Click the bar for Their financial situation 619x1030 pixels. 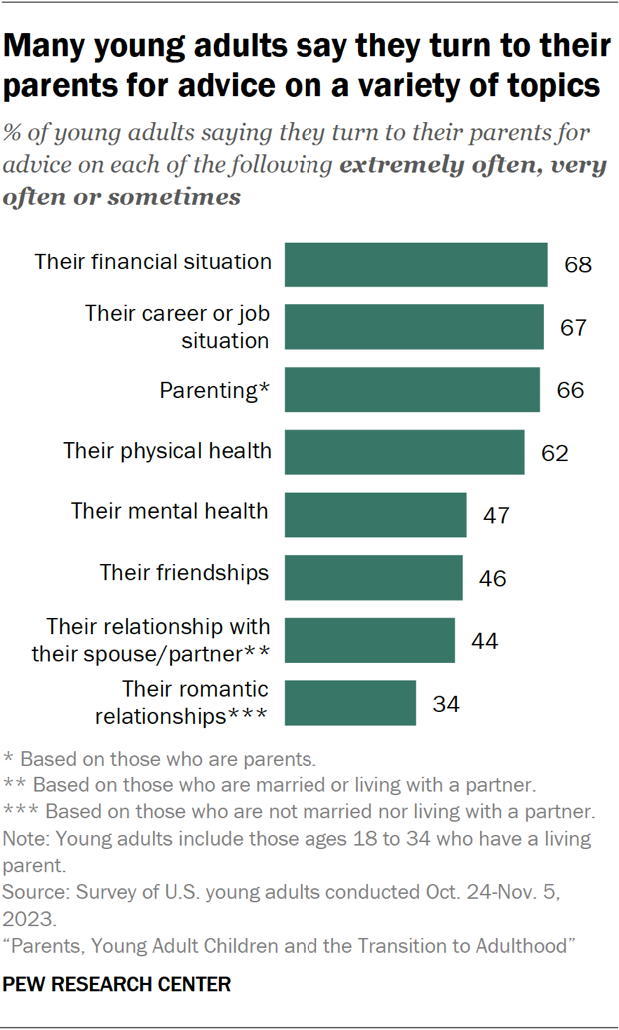pos(415,264)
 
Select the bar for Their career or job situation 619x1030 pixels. pos(413,327)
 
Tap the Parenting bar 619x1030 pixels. pos(411,389)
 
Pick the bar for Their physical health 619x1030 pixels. pos(404,452)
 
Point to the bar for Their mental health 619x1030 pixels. pos(375,514)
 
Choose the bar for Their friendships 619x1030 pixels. pos(373,577)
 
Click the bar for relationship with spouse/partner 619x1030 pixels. pos(369,640)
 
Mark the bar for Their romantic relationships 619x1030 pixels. pos(350,702)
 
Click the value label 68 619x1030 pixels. pos(577,265)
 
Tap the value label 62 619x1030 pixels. pos(554,453)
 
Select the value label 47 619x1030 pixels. pos(496,515)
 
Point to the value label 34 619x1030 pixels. pos(446,703)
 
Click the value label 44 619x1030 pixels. pos(484,641)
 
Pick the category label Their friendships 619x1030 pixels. pos(184,573)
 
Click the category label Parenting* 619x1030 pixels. pos(215,389)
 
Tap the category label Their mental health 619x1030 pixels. pos(169,511)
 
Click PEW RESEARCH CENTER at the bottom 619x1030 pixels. pos(118,985)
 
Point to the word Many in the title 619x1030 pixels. pos(52,46)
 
